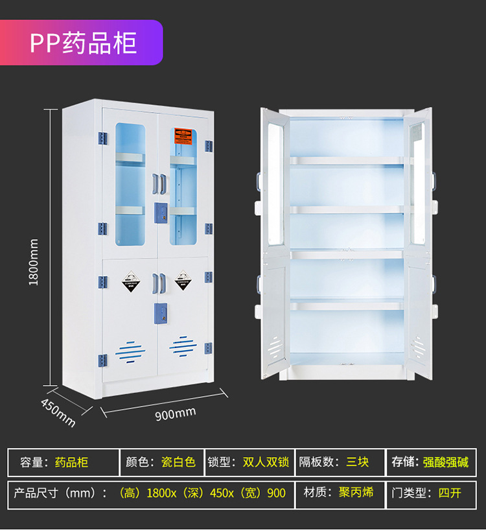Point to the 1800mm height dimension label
34,262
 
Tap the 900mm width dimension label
175,412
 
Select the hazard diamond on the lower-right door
183,281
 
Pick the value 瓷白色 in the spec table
178,462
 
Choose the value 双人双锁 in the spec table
266,462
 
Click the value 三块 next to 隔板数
357,462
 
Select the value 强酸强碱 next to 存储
446,462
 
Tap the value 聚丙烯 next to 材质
356,493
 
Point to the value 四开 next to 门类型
450,493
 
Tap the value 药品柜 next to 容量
71,462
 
